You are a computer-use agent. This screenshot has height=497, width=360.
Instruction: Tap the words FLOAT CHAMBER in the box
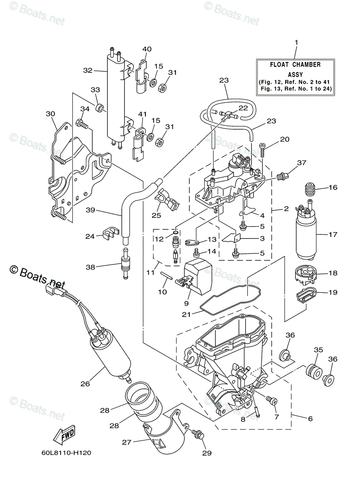295,65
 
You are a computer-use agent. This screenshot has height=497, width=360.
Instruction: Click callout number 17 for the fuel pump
333,234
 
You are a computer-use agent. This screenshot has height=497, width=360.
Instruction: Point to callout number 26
85,384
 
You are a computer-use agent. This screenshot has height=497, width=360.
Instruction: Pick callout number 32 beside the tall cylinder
87,70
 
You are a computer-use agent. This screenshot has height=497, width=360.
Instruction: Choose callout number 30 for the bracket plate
50,113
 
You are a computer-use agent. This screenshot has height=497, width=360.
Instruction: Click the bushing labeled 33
99,109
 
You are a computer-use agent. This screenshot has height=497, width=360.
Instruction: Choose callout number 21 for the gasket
186,314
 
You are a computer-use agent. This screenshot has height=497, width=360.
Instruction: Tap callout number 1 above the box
296,43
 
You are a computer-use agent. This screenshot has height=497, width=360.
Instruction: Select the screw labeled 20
263,146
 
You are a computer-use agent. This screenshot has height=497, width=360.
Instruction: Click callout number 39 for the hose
90,210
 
